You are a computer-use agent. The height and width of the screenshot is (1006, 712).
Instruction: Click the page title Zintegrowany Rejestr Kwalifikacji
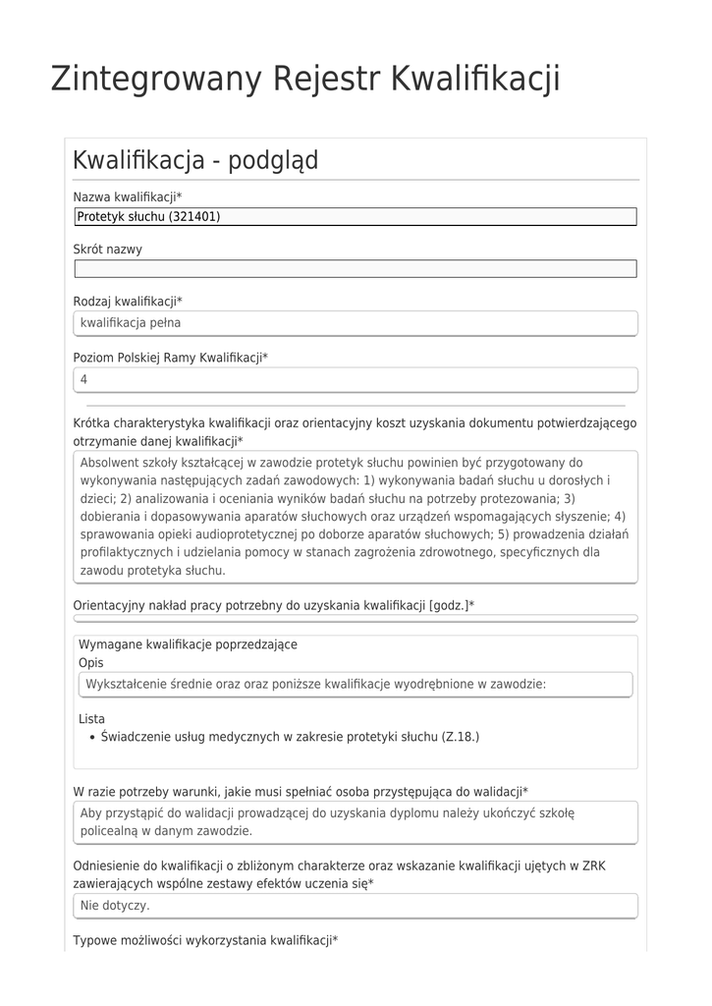click(305, 79)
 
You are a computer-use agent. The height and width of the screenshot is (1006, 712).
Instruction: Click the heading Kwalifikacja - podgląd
click(195, 160)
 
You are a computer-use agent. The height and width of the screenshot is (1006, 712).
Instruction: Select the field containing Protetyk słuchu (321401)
click(356, 217)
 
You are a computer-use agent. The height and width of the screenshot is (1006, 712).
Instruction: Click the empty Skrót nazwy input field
click(356, 269)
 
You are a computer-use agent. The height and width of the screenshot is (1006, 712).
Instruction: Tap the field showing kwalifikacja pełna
click(356, 322)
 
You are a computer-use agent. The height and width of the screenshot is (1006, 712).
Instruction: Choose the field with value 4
click(356, 379)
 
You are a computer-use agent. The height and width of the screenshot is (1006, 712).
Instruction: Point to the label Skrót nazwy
click(108, 250)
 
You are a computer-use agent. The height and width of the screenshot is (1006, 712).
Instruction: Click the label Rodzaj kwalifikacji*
click(128, 302)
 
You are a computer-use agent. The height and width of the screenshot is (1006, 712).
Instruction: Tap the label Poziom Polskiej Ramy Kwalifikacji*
click(171, 359)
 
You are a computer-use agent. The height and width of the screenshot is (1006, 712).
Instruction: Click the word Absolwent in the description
click(110, 462)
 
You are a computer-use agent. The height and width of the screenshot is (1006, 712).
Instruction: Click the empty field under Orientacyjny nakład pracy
click(356, 619)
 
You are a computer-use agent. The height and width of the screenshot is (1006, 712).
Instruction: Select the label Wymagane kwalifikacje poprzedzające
click(188, 644)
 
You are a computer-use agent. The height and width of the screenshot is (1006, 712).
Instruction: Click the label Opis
click(90, 663)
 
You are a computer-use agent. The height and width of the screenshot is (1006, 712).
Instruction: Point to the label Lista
click(91, 719)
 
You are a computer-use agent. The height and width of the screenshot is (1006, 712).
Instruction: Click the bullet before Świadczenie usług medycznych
click(91, 737)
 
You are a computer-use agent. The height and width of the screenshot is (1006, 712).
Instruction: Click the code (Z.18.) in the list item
click(460, 736)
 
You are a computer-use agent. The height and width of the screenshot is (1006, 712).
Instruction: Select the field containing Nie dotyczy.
click(356, 905)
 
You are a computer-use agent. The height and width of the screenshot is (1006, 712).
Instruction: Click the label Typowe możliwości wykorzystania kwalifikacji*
click(205, 941)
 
